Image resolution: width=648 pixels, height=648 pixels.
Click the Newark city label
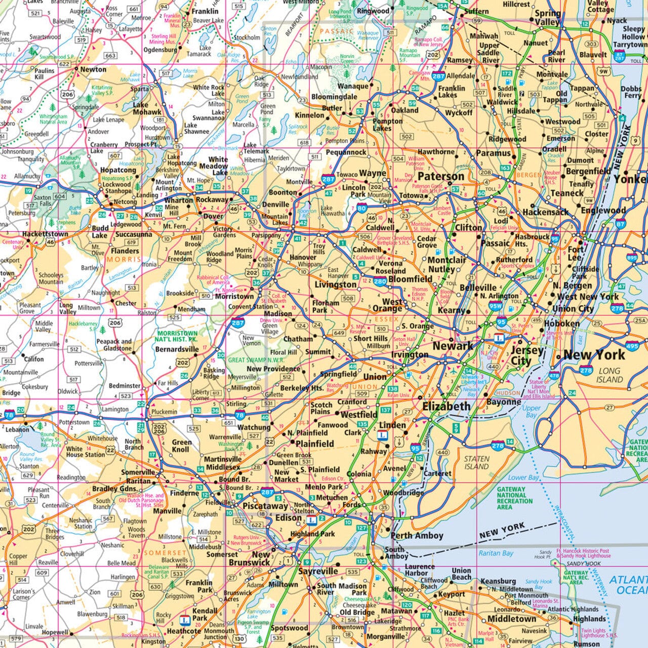(453, 346)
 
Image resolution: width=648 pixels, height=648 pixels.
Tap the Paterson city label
(441, 176)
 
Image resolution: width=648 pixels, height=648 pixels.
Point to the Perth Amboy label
(417, 535)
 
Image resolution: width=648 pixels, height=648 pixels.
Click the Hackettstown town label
(45, 234)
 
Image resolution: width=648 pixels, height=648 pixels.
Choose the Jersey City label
(526, 355)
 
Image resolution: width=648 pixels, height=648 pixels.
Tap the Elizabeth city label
(447, 406)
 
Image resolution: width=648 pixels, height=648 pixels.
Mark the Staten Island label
(476, 463)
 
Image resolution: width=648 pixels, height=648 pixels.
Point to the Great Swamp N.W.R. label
(251, 360)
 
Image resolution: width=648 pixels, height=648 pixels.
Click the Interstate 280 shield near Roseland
(381, 281)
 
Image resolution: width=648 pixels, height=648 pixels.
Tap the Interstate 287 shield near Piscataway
(267, 492)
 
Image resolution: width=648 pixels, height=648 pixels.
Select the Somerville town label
(138, 472)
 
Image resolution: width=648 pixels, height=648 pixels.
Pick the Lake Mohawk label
(147, 108)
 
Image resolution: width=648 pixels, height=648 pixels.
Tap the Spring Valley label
(548, 18)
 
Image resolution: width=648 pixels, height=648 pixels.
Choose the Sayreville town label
(318, 571)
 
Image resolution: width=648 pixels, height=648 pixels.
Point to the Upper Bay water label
(531, 412)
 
